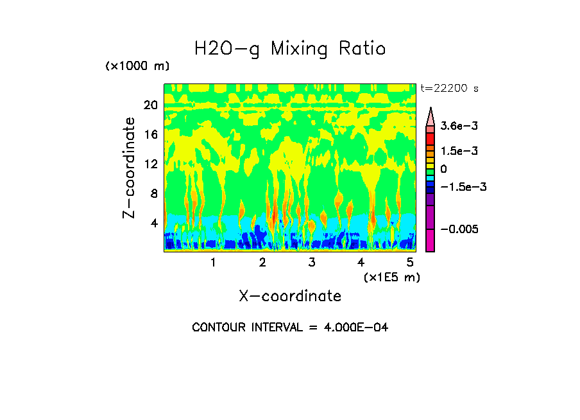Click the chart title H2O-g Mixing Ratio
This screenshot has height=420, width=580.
(290, 49)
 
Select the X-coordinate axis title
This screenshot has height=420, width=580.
(290, 296)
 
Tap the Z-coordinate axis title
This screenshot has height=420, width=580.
(130, 168)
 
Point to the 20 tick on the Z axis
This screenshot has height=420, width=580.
(149, 105)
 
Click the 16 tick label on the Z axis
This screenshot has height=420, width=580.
(149, 134)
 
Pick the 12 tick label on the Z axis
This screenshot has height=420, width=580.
(149, 164)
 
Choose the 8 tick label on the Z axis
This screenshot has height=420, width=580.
(153, 193)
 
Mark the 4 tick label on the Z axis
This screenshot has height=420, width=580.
(153, 223)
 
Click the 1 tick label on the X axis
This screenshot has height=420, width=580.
(213, 263)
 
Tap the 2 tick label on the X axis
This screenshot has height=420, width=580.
(262, 263)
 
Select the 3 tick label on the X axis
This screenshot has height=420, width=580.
(312, 263)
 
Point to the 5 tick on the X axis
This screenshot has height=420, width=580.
(410, 263)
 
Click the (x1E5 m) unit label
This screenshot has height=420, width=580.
(391, 277)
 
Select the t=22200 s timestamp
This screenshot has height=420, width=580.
(449, 88)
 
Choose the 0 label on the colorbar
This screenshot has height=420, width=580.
(443, 168)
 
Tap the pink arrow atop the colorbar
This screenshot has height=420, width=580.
(431, 116)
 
